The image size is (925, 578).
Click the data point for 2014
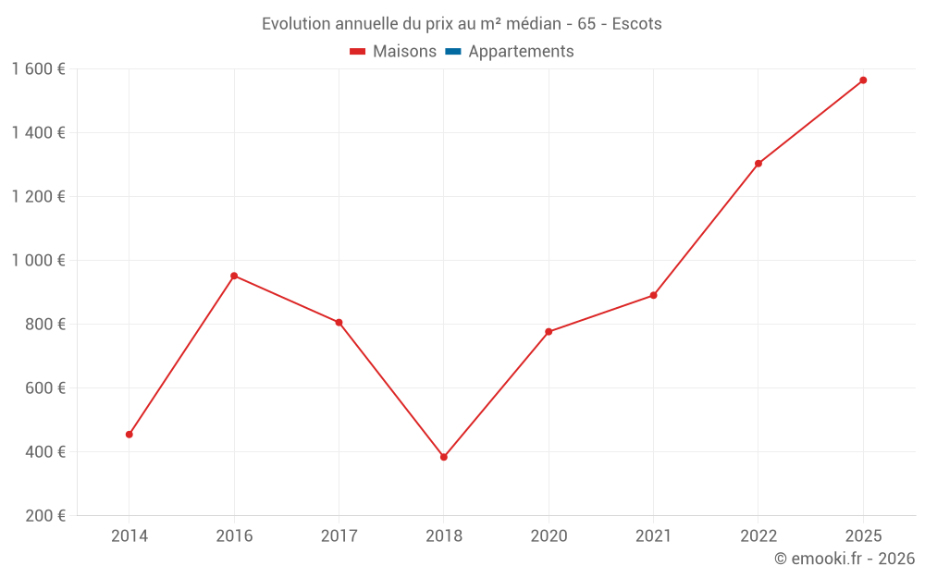[129, 434]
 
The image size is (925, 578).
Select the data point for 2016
[234, 276]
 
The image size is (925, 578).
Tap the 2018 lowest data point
[444, 457]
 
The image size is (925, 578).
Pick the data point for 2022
[758, 164]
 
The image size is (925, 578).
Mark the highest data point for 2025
[863, 80]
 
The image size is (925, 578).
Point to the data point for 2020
[549, 332]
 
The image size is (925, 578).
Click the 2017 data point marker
[339, 323]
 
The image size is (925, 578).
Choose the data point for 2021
[653, 295]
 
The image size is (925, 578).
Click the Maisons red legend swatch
[358, 52]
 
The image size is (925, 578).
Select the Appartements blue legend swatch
[453, 52]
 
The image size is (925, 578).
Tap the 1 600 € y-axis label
[39, 69]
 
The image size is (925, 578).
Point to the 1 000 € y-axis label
[39, 261]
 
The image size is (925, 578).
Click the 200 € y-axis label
[44, 516]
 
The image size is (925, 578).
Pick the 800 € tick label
[44, 325]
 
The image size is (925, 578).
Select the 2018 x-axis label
[444, 535]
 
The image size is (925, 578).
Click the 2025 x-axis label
[863, 535]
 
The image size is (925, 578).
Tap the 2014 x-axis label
[129, 535]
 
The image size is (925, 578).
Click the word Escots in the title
[637, 24]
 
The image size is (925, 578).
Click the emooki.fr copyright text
[845, 559]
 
